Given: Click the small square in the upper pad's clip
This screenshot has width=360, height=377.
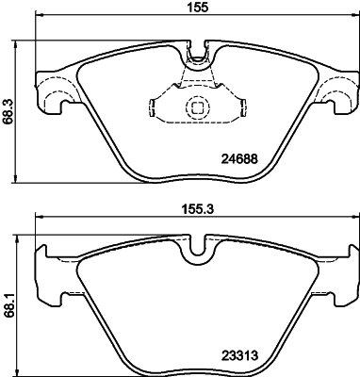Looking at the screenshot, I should click(197, 107).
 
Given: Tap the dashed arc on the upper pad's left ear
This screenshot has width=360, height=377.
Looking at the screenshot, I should click(54, 93).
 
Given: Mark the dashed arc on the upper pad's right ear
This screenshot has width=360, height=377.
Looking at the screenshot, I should click(332, 93).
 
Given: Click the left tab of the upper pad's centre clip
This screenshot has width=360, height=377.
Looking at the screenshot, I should click(154, 101).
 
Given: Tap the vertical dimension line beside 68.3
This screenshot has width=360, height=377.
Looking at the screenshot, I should click(20, 112).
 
